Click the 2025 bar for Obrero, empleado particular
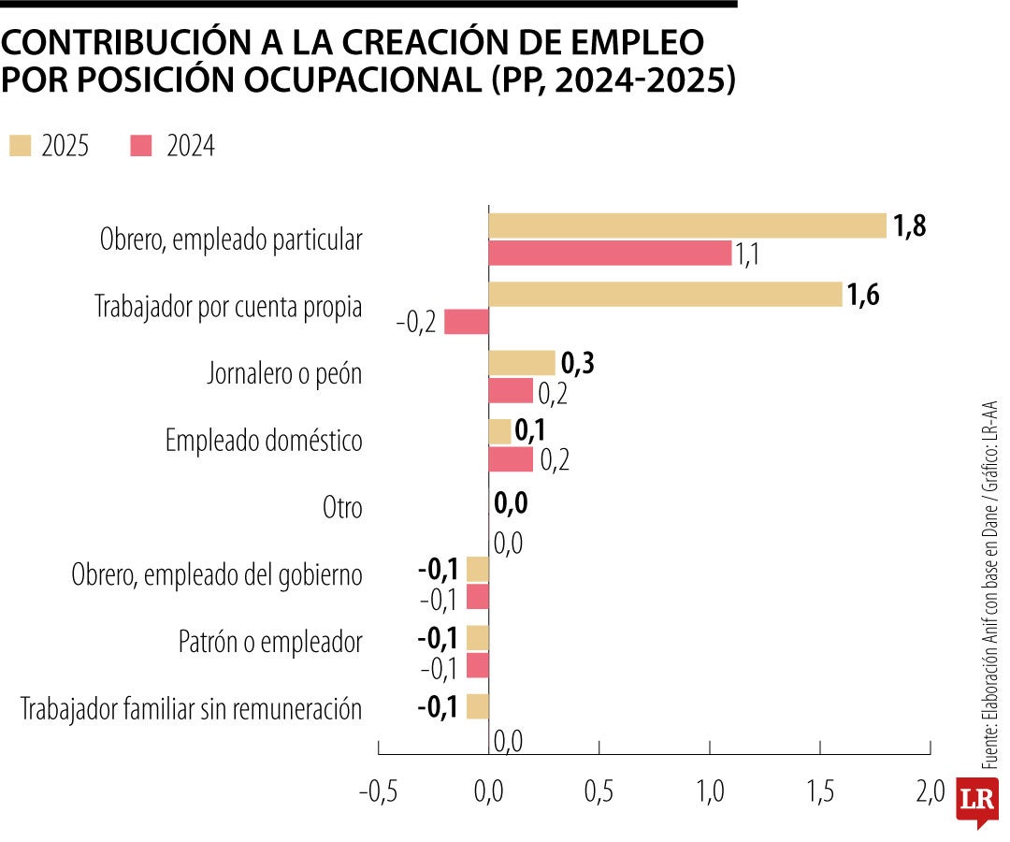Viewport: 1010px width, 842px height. click(687, 225)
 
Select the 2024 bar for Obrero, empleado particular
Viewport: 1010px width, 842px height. click(610, 253)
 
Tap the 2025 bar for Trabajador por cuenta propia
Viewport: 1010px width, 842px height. click(665, 294)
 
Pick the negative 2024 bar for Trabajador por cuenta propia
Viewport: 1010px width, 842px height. click(466, 322)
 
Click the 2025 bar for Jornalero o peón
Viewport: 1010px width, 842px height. click(522, 363)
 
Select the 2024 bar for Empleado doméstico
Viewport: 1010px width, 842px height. click(511, 459)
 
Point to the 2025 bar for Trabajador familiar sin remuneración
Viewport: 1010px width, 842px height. click(477, 706)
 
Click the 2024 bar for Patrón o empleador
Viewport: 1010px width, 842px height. click(477, 666)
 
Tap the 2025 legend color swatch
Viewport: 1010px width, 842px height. click(21, 146)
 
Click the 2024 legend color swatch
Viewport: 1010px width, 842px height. click(141, 146)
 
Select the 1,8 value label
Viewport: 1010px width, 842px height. click(909, 226)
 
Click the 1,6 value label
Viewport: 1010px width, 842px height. click(863, 295)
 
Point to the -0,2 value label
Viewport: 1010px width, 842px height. click(415, 324)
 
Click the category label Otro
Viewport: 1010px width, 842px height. click(342, 508)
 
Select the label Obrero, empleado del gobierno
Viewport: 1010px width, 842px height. click(217, 575)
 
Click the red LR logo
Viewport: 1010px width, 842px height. click(977, 802)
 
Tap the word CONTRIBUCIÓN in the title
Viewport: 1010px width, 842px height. click(121, 43)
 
